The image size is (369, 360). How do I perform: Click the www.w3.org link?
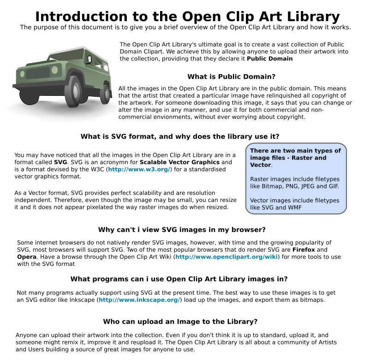[x=139, y=169]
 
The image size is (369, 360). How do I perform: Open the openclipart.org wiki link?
[x=226, y=257]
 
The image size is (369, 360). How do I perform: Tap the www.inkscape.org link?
[x=139, y=300]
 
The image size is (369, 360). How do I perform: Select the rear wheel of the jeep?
[x=106, y=94]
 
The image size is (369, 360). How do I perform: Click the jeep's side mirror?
[x=89, y=59]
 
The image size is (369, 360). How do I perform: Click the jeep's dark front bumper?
[x=39, y=87]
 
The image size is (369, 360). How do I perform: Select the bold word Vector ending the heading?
[x=260, y=165]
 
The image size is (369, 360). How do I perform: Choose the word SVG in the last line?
[x=268, y=208]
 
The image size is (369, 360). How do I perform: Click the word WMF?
[x=295, y=208]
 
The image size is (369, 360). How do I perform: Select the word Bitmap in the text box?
[x=274, y=186]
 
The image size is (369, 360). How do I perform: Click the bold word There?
[x=259, y=151]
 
